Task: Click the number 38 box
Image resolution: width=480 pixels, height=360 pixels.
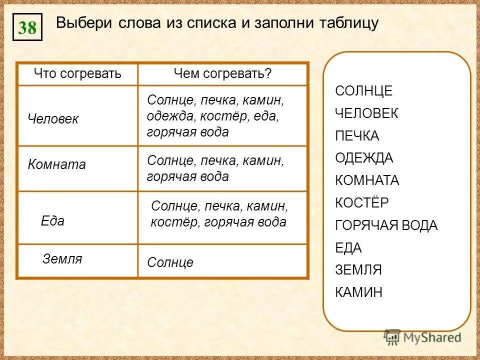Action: [x=27, y=27]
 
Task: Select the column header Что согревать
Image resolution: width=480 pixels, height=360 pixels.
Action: [x=77, y=74]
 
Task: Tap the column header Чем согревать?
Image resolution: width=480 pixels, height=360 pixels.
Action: [x=222, y=74]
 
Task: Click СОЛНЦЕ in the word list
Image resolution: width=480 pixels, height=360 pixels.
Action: [x=363, y=91]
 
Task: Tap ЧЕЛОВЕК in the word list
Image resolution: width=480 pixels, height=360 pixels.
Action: [x=366, y=113]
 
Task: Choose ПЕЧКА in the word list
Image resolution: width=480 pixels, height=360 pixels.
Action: [x=357, y=136]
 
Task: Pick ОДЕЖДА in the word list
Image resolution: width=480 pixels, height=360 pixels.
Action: [x=363, y=158]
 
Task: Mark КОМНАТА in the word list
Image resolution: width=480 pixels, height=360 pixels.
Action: [x=367, y=180]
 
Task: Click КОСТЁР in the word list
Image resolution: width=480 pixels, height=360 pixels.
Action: [x=361, y=203]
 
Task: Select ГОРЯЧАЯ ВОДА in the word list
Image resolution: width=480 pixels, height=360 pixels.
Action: [x=386, y=225]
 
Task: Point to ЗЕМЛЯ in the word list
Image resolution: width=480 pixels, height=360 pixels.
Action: [x=358, y=270]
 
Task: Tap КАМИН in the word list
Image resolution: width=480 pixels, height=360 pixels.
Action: [x=358, y=292]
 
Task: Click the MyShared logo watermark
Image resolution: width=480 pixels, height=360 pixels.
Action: [x=422, y=337]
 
